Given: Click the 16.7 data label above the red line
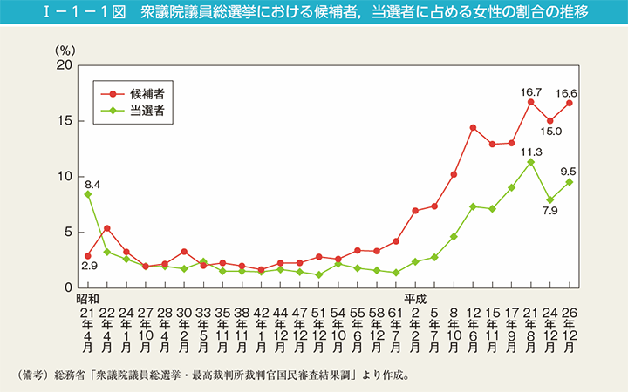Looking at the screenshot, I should (530, 90).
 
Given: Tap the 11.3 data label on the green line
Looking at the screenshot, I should (531, 150).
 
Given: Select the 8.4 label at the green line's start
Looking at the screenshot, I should (93, 184).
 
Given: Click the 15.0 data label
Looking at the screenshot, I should (551, 132).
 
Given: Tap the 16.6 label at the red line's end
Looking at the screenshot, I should (570, 91).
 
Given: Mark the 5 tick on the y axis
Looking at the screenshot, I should (65, 232).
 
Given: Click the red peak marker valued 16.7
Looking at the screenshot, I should (530, 102).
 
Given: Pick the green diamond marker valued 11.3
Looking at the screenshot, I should (530, 162).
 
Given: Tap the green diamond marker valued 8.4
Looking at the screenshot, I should (88, 194).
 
